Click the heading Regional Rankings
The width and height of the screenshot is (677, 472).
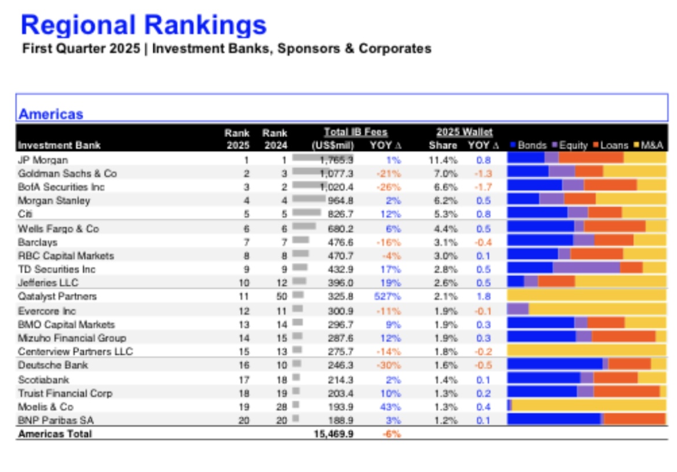click(144, 25)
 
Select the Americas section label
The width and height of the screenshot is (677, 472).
click(51, 114)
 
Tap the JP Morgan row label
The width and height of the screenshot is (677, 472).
click(43, 160)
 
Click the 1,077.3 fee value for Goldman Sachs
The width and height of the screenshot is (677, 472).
click(336, 174)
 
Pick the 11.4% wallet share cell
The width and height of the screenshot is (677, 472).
click(443, 160)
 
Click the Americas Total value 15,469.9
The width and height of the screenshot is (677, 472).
click(333, 434)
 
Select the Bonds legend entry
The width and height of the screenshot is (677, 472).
click(528, 145)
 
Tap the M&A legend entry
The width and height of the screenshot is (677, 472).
click(649, 145)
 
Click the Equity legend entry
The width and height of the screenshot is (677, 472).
click(569, 145)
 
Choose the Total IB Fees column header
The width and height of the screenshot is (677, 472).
click(356, 132)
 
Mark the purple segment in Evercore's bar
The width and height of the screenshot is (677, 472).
click(518, 308)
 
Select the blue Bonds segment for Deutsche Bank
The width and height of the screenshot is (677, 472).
click(555, 364)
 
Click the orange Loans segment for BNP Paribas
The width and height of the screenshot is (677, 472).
click(635, 419)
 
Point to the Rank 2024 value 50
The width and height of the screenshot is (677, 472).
click(282, 296)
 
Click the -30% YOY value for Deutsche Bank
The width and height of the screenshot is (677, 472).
click(389, 365)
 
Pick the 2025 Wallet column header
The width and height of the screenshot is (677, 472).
click(464, 132)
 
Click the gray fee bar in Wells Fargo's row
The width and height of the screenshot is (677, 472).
click(304, 226)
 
